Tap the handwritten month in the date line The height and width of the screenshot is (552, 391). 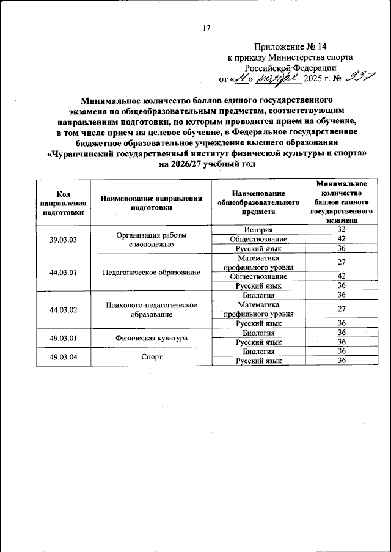(x=276, y=78)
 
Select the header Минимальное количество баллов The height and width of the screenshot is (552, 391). (x=338, y=202)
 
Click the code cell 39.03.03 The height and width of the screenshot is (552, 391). (x=63, y=240)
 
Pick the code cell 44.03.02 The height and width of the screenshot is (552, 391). (x=63, y=309)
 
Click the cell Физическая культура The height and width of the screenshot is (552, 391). (x=150, y=337)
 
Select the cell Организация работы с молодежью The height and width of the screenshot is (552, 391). (x=150, y=240)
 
